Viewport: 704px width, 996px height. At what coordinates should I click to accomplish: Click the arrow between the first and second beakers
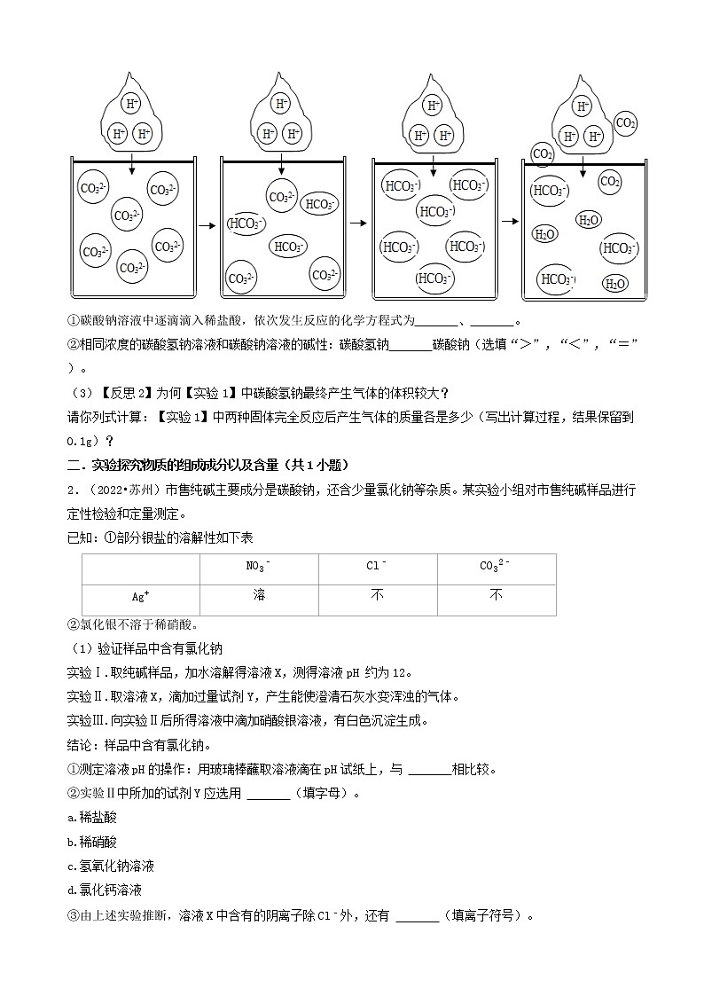tap(207, 225)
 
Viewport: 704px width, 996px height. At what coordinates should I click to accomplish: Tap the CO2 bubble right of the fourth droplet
tap(624, 122)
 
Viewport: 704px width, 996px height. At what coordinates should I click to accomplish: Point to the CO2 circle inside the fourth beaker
tap(610, 182)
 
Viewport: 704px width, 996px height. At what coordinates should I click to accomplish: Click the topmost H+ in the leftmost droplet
tap(132, 104)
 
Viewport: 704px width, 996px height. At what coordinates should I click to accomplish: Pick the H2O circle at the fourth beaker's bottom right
tap(614, 283)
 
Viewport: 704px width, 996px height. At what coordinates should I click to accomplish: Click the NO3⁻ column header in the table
tap(259, 568)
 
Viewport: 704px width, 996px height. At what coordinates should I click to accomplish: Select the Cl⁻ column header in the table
tap(377, 568)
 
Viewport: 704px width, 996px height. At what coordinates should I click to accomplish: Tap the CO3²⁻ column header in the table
tap(496, 568)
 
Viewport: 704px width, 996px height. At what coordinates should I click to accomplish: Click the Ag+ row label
tap(141, 599)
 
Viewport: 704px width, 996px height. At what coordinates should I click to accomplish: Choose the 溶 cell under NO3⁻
tap(259, 596)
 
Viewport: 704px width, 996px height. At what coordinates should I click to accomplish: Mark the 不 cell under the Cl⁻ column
tap(377, 596)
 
